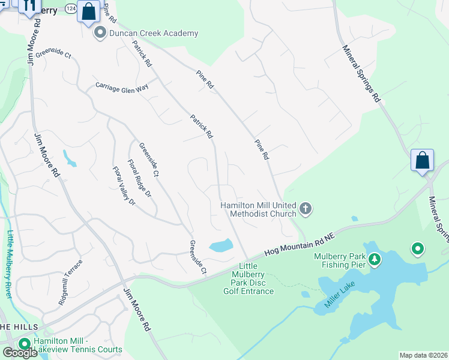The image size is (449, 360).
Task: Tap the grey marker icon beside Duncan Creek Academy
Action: coord(100,34)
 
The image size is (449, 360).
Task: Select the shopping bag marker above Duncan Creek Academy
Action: coord(88,12)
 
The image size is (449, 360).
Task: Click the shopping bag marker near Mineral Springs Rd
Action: coord(422,160)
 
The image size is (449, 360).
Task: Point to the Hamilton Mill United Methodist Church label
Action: coord(259,209)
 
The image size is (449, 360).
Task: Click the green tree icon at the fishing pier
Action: coord(375,259)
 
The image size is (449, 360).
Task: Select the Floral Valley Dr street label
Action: coord(124,186)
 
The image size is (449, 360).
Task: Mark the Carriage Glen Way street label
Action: coord(122,86)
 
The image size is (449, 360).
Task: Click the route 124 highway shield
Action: coord(70,8)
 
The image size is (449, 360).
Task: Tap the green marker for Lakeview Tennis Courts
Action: coord(25,344)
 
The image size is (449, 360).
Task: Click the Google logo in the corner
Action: coord(20,353)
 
